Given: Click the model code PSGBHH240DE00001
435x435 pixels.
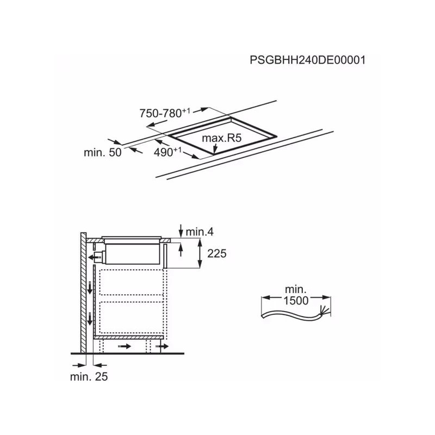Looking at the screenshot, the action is (x=308, y=60).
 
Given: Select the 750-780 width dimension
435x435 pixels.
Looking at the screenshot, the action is (x=165, y=113).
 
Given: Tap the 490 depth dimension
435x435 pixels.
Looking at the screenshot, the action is (x=167, y=152).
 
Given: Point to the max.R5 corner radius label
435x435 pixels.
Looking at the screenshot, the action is (x=222, y=138).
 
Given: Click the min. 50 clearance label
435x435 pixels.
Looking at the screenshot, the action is (x=103, y=152).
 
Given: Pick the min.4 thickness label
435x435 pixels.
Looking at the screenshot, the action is (x=200, y=232).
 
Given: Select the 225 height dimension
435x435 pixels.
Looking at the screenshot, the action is (x=216, y=253).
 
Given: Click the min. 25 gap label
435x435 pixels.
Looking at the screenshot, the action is (x=89, y=376).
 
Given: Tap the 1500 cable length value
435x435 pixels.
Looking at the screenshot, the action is (x=296, y=301).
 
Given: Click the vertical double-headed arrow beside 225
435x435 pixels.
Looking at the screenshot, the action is (x=200, y=253).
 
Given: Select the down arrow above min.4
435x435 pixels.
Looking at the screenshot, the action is (x=181, y=231).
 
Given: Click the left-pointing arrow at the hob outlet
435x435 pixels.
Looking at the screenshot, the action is (x=94, y=258).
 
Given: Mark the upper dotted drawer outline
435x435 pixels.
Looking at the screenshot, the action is (x=131, y=282).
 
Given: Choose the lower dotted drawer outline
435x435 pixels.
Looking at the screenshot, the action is (x=131, y=318).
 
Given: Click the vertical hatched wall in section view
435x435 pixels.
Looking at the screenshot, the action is (x=84, y=293).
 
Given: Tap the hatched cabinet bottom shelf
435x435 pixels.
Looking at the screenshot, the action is (x=128, y=337).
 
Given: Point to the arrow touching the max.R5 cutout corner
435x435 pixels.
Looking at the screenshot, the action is (x=214, y=148).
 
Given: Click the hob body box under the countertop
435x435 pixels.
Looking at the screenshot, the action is (x=133, y=254).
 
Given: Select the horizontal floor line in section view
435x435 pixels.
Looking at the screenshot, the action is (x=127, y=354).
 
